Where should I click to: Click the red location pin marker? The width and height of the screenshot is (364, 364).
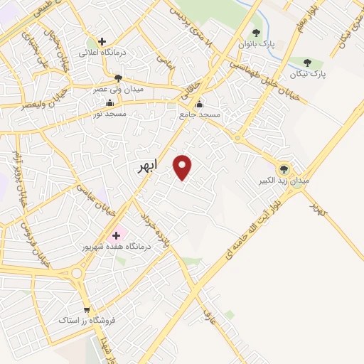point(183,167)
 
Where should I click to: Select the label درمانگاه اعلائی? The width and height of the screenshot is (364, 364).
point(102,53)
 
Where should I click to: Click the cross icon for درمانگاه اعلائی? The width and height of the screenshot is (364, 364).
point(102,42)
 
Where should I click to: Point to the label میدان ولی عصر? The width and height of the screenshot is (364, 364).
point(118,90)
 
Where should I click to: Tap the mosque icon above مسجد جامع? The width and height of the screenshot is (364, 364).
point(200,104)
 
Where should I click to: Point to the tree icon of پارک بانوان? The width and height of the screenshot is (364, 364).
point(256,33)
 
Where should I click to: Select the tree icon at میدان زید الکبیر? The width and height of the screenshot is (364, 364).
point(284,169)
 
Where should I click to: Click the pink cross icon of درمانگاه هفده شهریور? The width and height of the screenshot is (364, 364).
point(116,235)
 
